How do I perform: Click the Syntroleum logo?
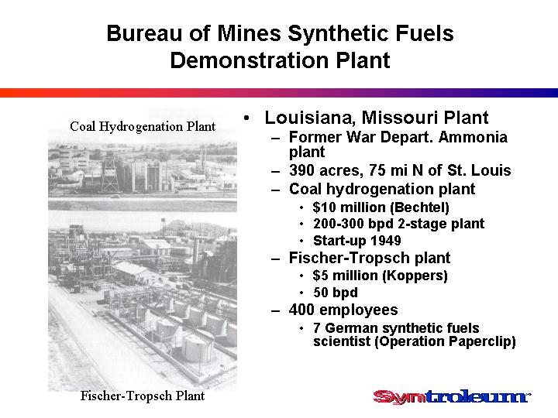pyautogui.click(x=452, y=396)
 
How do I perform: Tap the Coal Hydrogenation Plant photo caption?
pyautogui.click(x=143, y=126)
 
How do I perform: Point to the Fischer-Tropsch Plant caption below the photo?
pyautogui.click(x=143, y=396)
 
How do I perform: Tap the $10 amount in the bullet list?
pyautogui.click(x=324, y=207)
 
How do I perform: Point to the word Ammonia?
pyautogui.click(x=473, y=137)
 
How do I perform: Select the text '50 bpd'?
pyautogui.click(x=336, y=293)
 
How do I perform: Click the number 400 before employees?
pyautogui.click(x=301, y=310)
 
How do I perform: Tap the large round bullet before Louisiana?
pyautogui.click(x=247, y=118)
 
